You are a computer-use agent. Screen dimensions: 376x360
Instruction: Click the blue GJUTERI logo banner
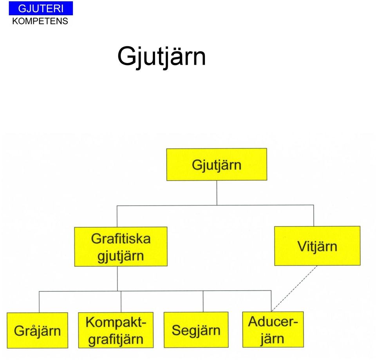click(x=41, y=8)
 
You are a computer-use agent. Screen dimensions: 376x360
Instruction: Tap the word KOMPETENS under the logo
click(x=40, y=21)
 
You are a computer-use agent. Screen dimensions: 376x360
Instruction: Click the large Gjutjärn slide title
click(x=161, y=57)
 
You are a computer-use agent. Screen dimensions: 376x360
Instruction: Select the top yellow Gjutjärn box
click(x=217, y=164)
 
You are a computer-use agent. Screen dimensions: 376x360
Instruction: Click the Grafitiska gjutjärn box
click(x=121, y=246)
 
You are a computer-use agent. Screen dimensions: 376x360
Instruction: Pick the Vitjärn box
click(x=317, y=246)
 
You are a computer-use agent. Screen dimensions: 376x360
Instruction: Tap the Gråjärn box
click(x=38, y=330)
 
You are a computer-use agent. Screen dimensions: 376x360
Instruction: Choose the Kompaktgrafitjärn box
click(x=116, y=330)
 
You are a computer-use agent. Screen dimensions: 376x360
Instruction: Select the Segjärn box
click(x=196, y=330)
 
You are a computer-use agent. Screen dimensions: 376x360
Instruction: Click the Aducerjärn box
click(x=273, y=329)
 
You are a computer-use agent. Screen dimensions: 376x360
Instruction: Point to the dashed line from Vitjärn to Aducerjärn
click(x=294, y=289)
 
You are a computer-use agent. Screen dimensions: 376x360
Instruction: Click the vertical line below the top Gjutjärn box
click(x=217, y=193)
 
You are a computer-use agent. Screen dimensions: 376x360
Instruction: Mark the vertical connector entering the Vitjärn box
click(x=314, y=215)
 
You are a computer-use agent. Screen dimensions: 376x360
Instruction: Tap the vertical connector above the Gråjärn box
click(x=39, y=302)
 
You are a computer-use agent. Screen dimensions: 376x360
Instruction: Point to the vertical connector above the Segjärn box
click(x=203, y=301)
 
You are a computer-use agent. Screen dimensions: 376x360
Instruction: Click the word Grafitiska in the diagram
click(x=121, y=239)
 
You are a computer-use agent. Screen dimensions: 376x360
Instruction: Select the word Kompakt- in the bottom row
click(x=116, y=322)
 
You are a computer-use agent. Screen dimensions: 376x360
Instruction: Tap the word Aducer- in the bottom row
click(x=273, y=321)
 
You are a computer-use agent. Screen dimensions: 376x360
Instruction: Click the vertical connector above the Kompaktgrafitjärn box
click(x=121, y=302)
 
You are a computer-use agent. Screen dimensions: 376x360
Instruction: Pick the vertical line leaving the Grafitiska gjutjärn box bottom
click(x=117, y=279)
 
